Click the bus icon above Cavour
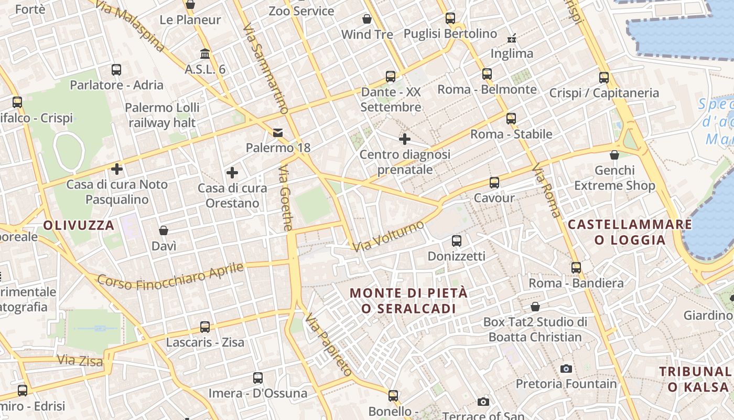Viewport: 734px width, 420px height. pyautogui.click(x=494, y=183)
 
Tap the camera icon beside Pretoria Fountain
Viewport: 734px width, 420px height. pyautogui.click(x=566, y=369)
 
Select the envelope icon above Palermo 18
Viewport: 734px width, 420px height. pyautogui.click(x=277, y=133)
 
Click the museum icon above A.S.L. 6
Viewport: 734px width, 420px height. pyautogui.click(x=205, y=54)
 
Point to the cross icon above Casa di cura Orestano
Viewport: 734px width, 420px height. pyautogui.click(x=232, y=173)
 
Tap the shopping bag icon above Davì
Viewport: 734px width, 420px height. pyautogui.click(x=164, y=230)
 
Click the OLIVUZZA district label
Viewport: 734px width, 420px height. pyautogui.click(x=79, y=226)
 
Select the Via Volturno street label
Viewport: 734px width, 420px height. pyautogui.click(x=388, y=236)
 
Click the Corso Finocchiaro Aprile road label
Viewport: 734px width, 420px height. pyautogui.click(x=171, y=276)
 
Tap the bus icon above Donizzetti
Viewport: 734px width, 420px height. pyautogui.click(x=457, y=241)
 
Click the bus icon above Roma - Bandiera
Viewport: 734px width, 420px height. pyautogui.click(x=576, y=268)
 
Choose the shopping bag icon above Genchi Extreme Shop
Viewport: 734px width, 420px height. pyautogui.click(x=614, y=155)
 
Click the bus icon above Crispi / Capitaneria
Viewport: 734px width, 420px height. pyautogui.click(x=604, y=78)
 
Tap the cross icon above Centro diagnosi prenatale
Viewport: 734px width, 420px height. pyautogui.click(x=404, y=139)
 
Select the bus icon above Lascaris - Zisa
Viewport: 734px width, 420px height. pyautogui.click(x=205, y=327)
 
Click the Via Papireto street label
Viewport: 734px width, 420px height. pyautogui.click(x=329, y=344)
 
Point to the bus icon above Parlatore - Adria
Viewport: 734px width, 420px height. pyautogui.click(x=116, y=70)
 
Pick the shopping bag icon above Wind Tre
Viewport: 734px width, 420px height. pyautogui.click(x=367, y=19)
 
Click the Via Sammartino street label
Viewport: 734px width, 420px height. pyautogui.click(x=266, y=68)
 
